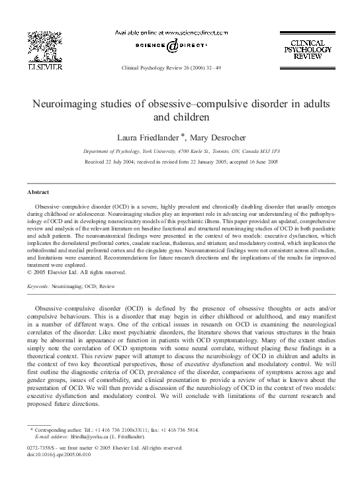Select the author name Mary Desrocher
pyautogui.click(x=218, y=137)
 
